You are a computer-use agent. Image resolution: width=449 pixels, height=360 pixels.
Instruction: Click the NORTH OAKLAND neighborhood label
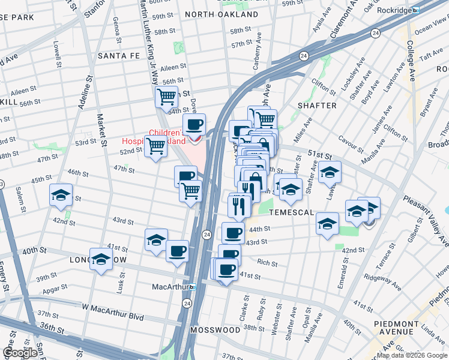[x=221, y=14]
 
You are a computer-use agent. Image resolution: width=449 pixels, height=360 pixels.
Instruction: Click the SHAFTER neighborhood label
[x=317, y=106]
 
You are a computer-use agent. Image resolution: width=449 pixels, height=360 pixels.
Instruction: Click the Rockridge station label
[x=393, y=10]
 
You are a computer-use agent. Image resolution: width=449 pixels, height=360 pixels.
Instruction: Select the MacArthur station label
[x=170, y=287]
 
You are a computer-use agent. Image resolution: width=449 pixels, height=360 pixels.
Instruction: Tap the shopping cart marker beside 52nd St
[x=156, y=145]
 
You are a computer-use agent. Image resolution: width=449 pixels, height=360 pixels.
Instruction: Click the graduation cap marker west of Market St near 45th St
[x=61, y=195]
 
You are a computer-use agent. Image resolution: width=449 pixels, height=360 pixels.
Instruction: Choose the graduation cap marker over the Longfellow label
[x=101, y=259]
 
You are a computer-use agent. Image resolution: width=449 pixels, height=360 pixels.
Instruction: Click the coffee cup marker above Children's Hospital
[x=194, y=124]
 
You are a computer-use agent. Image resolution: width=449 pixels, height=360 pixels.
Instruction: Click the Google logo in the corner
[x=20, y=353]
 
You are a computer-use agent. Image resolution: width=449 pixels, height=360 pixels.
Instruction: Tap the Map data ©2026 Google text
[x=411, y=355]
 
